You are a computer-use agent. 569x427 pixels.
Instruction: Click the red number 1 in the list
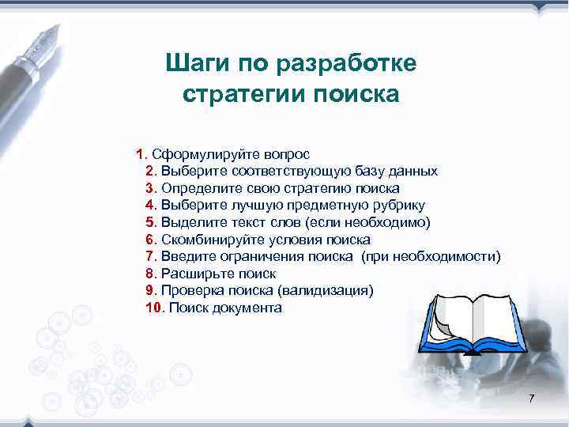(x=140, y=153)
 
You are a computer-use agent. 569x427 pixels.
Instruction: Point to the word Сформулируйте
(x=198, y=153)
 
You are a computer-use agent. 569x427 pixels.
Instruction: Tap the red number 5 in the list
(x=151, y=222)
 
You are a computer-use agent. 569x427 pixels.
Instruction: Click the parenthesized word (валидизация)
(x=325, y=291)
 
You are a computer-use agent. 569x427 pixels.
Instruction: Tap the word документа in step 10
(x=246, y=308)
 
